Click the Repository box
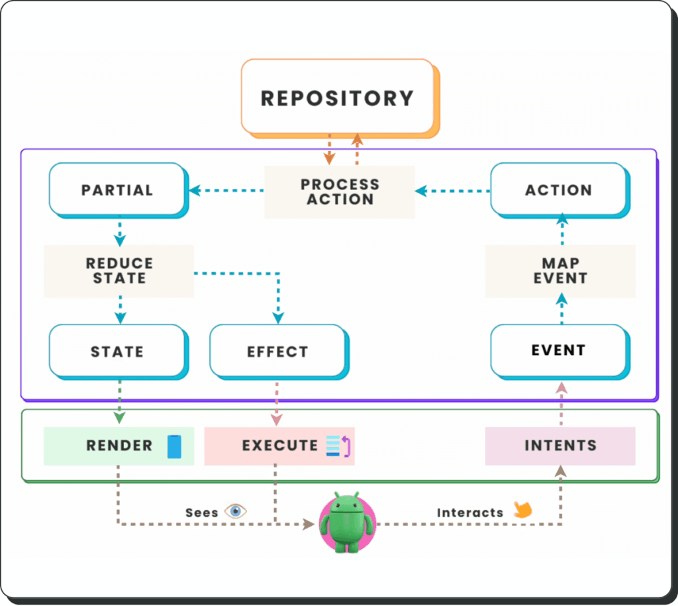[x=340, y=99]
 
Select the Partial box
[x=119, y=190]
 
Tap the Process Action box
[x=340, y=191]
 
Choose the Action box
[x=560, y=190]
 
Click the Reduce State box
[x=119, y=271]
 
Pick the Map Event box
[x=560, y=271]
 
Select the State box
[x=119, y=352]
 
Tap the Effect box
[x=279, y=352]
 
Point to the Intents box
[x=560, y=446]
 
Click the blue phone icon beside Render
[x=174, y=446]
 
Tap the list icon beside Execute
[x=338, y=446]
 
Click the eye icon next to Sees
[x=236, y=511]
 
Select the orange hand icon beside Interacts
[x=523, y=509]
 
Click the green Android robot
[x=347, y=523]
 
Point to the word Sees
[x=201, y=513]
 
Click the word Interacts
[x=470, y=513]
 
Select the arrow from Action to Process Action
[x=453, y=191]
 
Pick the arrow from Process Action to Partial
[x=226, y=190]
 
